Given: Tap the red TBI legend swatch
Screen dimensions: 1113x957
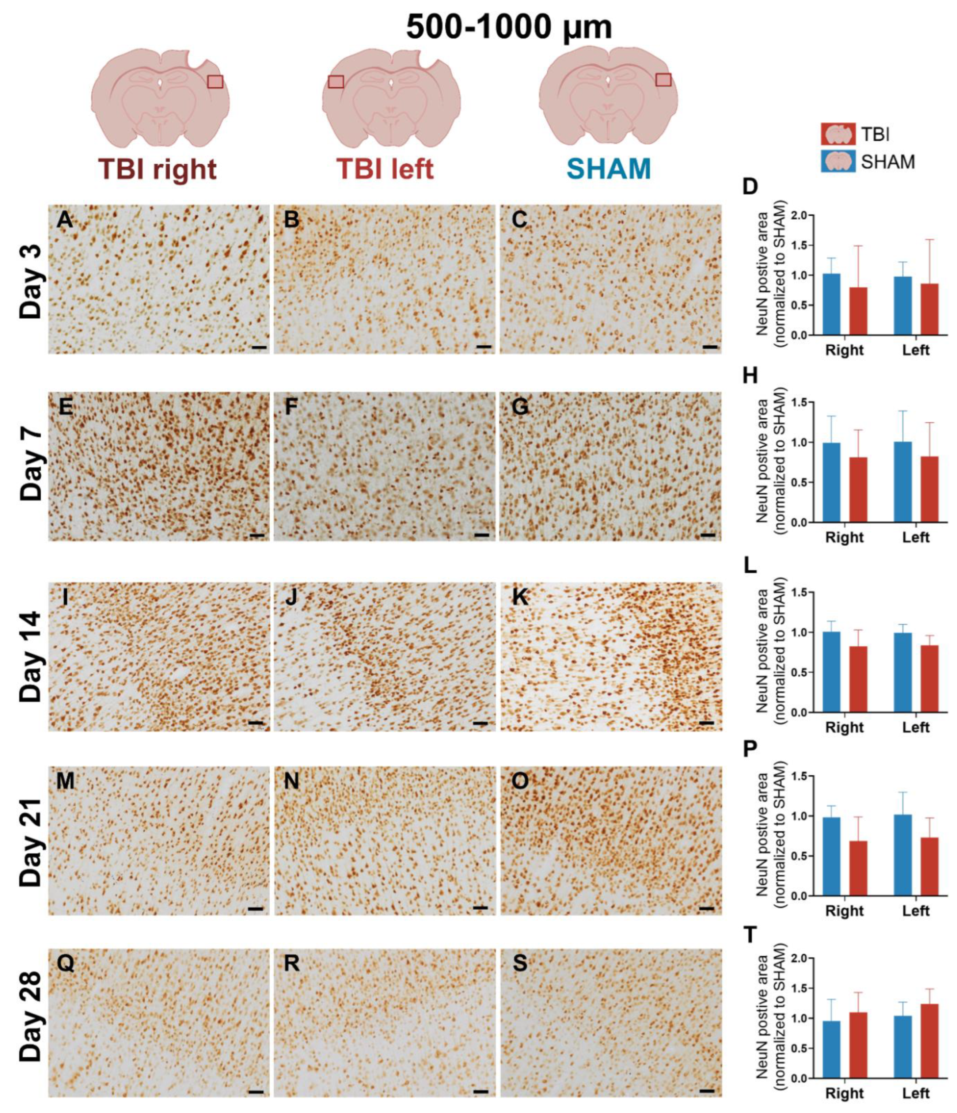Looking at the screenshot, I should (838, 134).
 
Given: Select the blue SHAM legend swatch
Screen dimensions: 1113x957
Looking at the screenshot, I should (838, 161).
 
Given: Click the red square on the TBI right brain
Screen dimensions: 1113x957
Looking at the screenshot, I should (215, 81).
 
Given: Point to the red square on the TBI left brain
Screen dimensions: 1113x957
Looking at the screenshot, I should (336, 81).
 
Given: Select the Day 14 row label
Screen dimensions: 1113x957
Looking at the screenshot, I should (31, 656).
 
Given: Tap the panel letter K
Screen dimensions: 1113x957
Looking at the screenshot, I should (519, 598).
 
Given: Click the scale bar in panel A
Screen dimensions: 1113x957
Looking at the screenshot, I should (258, 347).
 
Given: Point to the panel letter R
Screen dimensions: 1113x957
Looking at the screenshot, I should (292, 964).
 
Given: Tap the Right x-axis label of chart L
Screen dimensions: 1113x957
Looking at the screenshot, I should (844, 727).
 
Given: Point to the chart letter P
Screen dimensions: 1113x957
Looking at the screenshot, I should (750, 749).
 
